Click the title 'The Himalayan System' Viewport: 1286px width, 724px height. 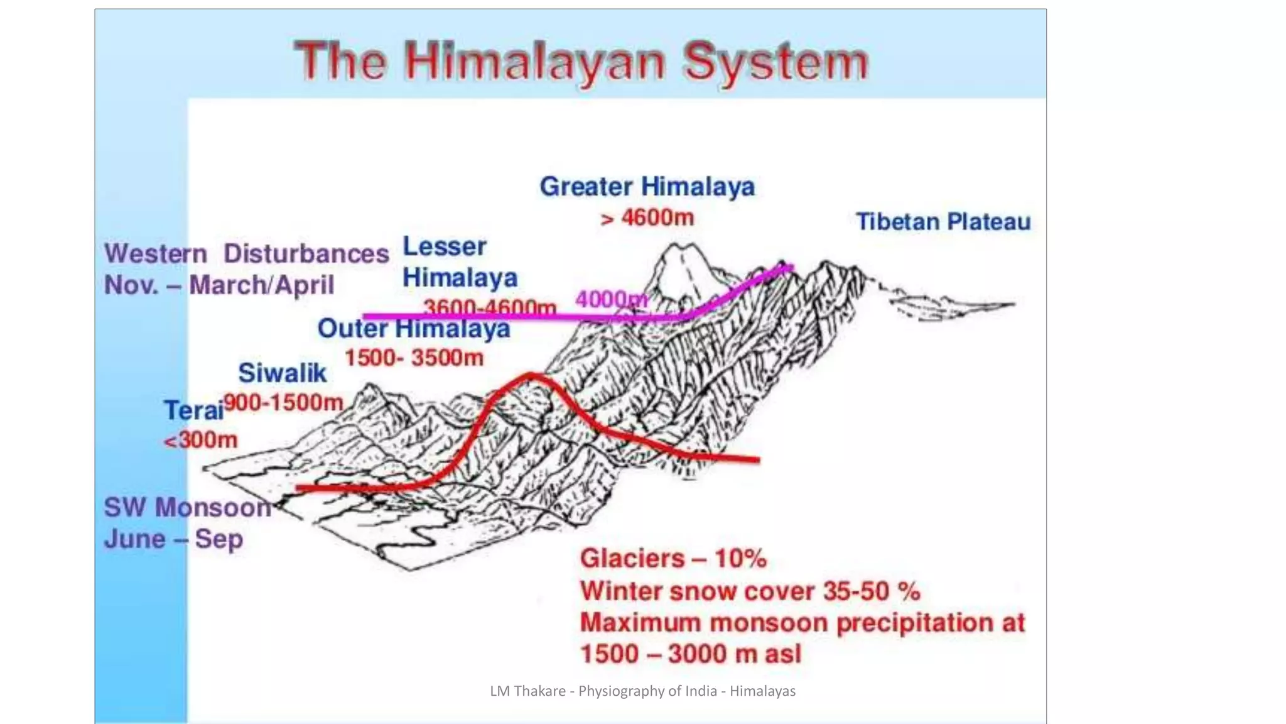[x=581, y=62]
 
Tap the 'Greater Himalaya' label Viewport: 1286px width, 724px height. [x=647, y=187]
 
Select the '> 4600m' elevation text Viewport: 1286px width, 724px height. [x=647, y=218]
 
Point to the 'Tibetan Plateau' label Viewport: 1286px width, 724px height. [x=943, y=222]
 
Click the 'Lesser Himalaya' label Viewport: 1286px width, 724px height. [x=459, y=262]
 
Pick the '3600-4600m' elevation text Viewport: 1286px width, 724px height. [x=490, y=307]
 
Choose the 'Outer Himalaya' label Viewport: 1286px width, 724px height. [x=414, y=329]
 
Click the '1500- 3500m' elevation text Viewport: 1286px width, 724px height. [x=414, y=358]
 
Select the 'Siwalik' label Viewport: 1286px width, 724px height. [x=282, y=373]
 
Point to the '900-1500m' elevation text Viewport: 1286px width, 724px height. [x=283, y=402]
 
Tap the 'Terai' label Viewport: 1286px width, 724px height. [x=193, y=410]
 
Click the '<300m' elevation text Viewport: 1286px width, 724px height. [x=201, y=440]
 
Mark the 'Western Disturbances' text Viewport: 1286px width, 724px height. [x=247, y=254]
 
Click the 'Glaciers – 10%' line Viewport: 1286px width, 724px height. [x=673, y=559]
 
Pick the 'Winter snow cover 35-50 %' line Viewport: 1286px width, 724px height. [x=750, y=591]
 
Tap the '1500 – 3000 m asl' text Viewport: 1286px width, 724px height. [x=691, y=654]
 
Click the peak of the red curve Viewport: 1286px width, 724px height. [x=531, y=376]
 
